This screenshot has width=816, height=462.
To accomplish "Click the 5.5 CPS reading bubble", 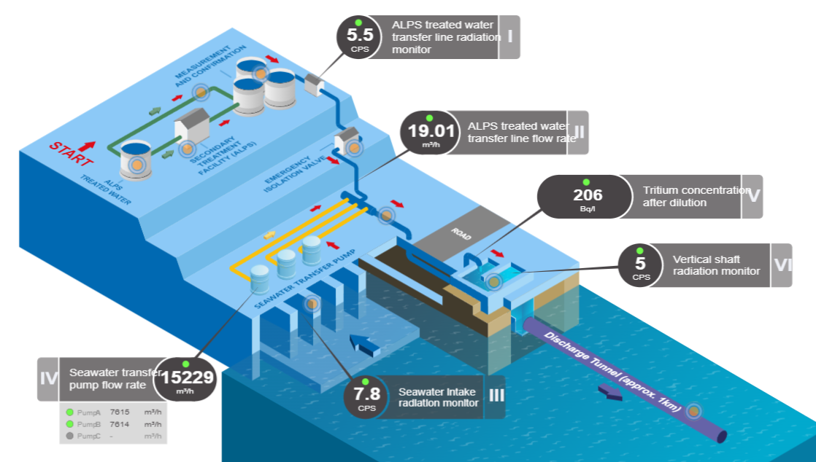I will click(358, 36).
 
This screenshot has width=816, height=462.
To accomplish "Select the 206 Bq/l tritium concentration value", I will click(587, 196).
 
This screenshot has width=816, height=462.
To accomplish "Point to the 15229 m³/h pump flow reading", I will click(187, 379).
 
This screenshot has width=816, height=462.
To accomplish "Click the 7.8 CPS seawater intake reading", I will click(366, 396).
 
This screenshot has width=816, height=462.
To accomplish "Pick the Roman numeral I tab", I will click(509, 36).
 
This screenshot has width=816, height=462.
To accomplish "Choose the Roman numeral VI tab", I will click(782, 265).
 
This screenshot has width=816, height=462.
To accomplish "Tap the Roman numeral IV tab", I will click(47, 379).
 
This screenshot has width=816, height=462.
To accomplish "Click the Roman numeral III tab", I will click(496, 396).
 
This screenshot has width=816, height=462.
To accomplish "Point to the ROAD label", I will click(462, 232).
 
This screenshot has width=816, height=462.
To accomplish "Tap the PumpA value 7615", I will click(119, 412).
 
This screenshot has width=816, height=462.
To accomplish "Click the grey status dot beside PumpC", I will click(70, 436).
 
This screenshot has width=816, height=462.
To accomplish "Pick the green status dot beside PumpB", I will click(70, 424).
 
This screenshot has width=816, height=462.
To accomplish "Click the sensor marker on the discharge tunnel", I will click(694, 412).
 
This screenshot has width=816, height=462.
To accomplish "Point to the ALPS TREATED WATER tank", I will click(136, 160).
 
